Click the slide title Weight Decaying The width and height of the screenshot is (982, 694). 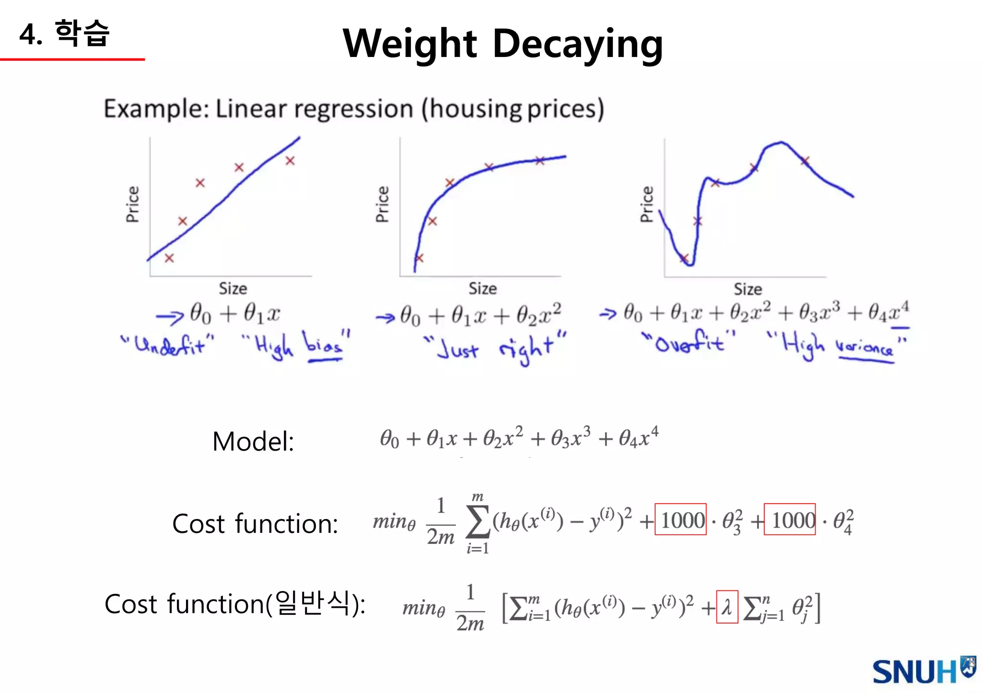tap(503, 44)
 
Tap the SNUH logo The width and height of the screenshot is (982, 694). tap(923, 671)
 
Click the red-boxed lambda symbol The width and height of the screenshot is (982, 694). tap(727, 607)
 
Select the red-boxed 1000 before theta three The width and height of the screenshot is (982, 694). tap(680, 520)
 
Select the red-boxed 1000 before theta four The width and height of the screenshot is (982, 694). tap(790, 520)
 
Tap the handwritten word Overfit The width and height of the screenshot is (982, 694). tap(689, 342)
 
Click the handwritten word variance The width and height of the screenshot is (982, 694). tap(864, 347)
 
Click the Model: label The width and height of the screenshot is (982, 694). tap(253, 441)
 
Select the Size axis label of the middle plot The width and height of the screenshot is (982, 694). tap(482, 289)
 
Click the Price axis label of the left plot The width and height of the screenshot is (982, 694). tap(133, 204)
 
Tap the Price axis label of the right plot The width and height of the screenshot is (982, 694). tap(647, 204)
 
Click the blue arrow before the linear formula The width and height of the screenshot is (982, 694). tap(169, 316)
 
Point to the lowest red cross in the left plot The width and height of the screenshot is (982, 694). tap(169, 258)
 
